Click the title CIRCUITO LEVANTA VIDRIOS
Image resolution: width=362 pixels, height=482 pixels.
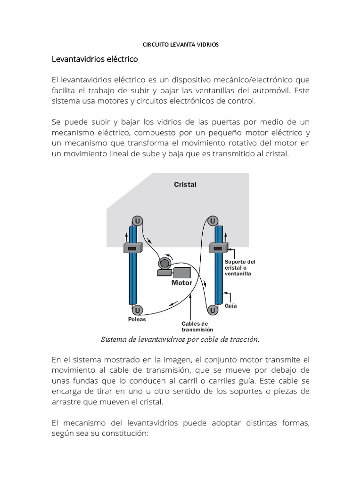tap(181, 45)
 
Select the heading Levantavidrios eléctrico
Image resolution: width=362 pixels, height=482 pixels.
tap(94, 60)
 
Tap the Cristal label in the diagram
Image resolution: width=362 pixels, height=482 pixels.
tap(185, 185)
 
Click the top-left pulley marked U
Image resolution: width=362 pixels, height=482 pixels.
tap(137, 220)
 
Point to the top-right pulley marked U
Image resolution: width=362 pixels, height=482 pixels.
tap(213, 220)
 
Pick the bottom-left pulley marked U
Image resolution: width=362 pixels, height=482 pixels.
tap(137, 310)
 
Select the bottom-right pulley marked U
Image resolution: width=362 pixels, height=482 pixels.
tap(213, 310)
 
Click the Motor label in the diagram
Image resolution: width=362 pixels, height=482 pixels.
tap(181, 283)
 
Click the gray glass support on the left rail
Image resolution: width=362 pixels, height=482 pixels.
tap(132, 248)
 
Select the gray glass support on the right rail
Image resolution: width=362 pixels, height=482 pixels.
tap(219, 248)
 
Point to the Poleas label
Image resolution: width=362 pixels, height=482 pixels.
tap(137, 319)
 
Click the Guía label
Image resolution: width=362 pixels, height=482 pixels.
tap(230, 305)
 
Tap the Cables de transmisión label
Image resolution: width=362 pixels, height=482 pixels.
tap(194, 327)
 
